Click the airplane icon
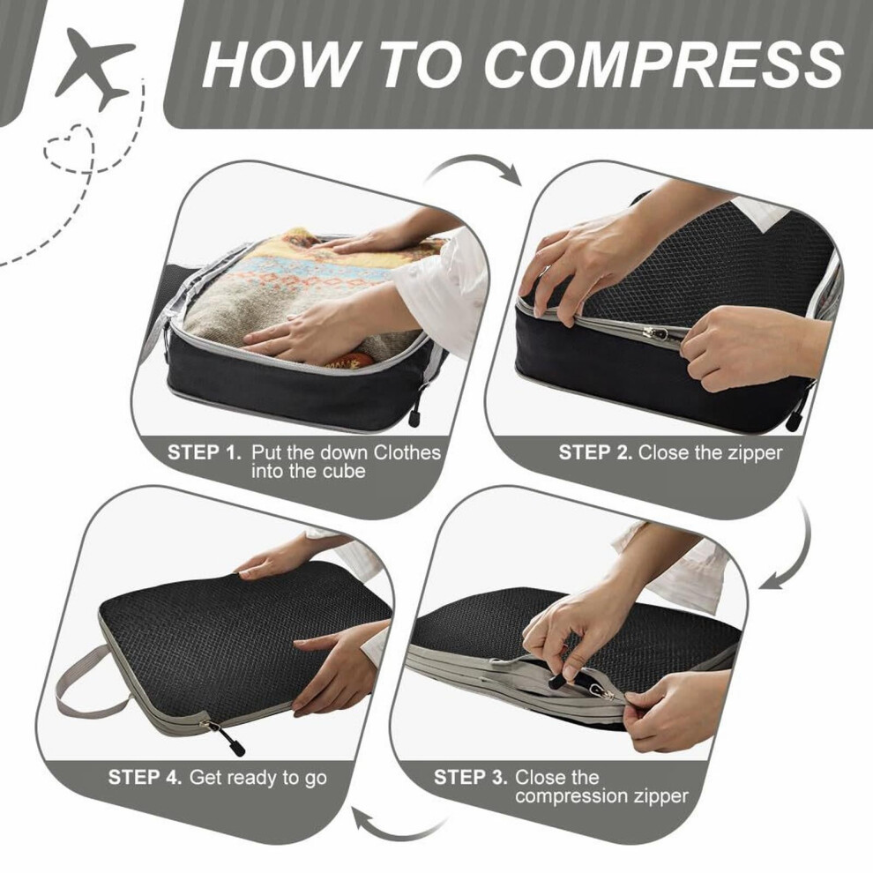pyautogui.click(x=94, y=67)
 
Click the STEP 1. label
pyautogui.click(x=205, y=452)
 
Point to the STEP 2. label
pyautogui.click(x=595, y=452)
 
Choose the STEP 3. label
pyautogui.click(x=471, y=777)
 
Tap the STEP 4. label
pyautogui.click(x=145, y=777)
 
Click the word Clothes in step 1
pyautogui.click(x=407, y=452)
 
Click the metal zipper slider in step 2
pyautogui.click(x=652, y=333)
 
